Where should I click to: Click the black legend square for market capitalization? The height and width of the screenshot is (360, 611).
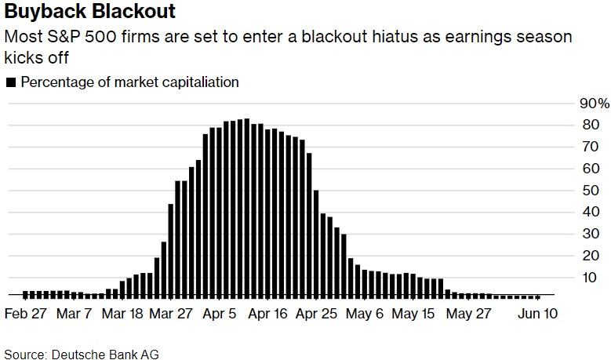10,82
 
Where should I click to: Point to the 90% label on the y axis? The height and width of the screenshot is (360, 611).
594,104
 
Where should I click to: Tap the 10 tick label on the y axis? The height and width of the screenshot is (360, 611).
589,278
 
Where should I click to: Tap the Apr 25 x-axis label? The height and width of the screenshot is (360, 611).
318,314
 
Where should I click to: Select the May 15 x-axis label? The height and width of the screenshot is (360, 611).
414,314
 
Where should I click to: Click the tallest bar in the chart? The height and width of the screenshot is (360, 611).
246,208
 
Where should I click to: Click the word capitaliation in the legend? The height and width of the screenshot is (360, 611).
202,82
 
